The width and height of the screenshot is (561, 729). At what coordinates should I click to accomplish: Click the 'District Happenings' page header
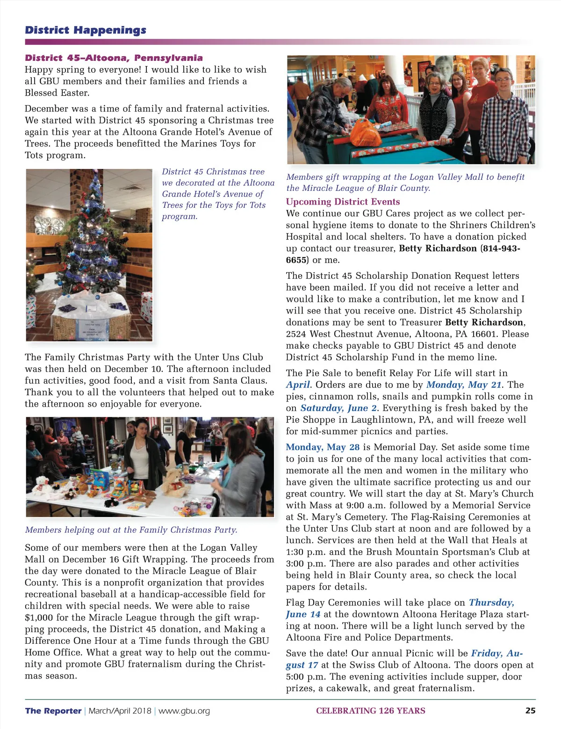point(86,30)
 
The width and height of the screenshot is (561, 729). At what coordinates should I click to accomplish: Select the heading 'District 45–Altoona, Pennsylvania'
point(114,58)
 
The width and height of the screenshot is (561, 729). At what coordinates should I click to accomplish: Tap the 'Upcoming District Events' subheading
point(343,202)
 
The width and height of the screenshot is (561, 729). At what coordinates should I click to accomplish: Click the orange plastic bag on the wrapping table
point(366,132)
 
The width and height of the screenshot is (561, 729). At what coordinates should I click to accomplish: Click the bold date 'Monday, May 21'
point(464,385)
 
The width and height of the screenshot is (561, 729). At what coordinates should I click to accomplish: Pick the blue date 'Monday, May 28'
point(323,447)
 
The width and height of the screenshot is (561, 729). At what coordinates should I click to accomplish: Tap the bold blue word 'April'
point(298,385)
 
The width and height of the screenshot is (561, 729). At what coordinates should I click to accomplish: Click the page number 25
point(530,710)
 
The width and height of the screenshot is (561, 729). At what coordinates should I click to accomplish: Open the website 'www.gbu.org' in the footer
point(184,711)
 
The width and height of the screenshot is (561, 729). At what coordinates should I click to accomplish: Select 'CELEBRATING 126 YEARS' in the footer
point(371,711)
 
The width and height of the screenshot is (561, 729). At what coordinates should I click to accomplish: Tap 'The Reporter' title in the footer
point(53,711)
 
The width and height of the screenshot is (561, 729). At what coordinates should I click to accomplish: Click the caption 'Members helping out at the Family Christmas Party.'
point(131,530)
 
